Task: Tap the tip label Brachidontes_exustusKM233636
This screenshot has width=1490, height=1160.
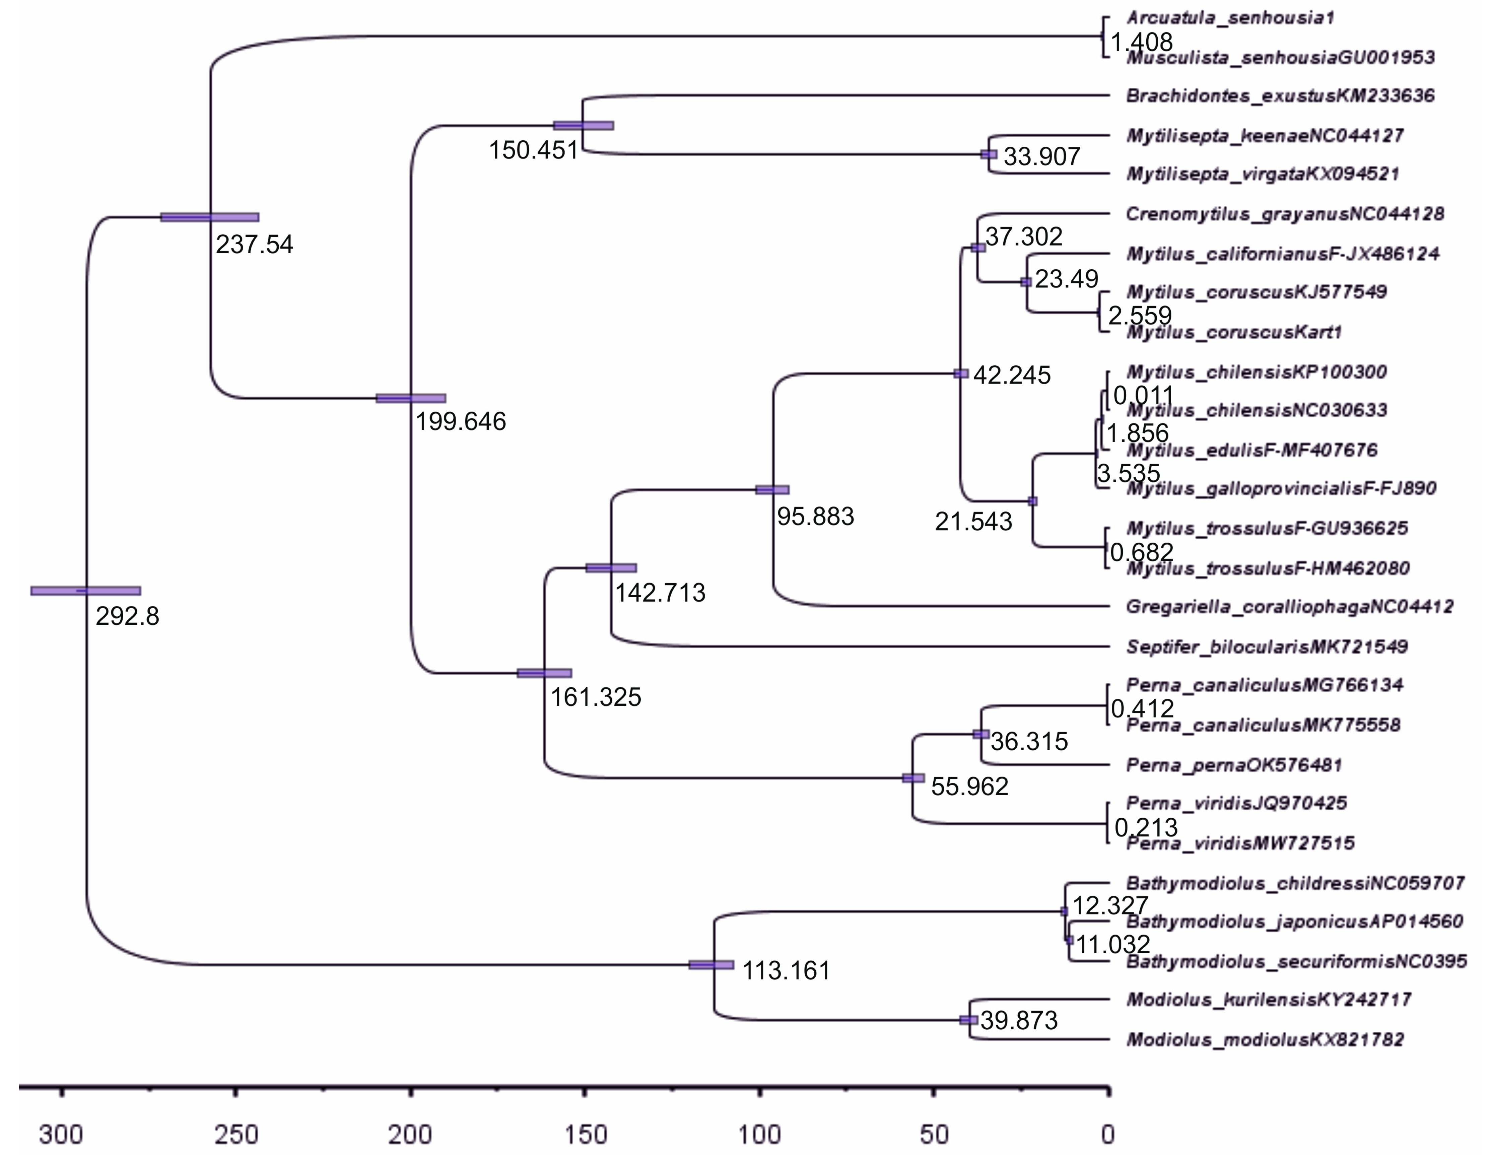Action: (1280, 95)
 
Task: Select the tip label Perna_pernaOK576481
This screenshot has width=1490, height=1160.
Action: (1233, 765)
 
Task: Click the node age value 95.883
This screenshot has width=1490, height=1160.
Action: (815, 517)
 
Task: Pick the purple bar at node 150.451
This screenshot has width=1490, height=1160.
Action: (583, 126)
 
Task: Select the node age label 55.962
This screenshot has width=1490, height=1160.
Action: (969, 787)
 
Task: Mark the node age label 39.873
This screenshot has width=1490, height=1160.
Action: (1019, 1021)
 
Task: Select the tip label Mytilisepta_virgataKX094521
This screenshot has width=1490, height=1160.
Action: (1262, 174)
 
